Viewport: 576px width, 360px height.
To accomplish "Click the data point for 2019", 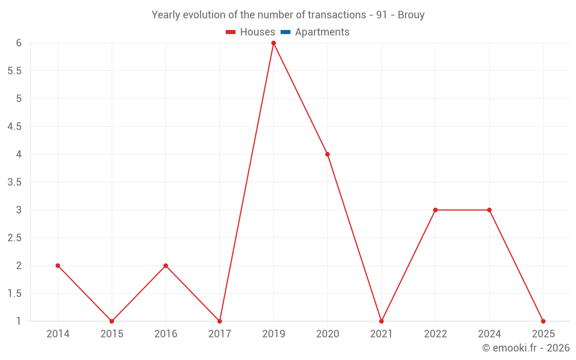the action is tap(273, 43).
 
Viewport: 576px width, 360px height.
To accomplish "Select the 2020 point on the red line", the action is tap(327, 154).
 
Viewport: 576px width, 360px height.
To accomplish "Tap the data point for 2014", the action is tap(58, 266).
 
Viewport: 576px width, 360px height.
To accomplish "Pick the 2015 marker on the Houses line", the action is tap(112, 321).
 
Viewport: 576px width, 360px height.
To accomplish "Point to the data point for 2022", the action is tap(435, 210).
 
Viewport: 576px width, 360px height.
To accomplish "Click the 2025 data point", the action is tap(543, 321).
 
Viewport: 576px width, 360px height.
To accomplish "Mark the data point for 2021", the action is tap(381, 321).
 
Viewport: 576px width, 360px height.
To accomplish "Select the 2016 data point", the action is tap(166, 266).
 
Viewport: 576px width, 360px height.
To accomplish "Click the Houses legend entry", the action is tap(251, 32).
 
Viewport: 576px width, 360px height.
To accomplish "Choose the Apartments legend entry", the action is tap(315, 32).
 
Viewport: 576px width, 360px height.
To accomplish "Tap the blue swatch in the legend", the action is tap(286, 32).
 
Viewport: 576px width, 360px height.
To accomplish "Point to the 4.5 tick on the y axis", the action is tap(14, 126).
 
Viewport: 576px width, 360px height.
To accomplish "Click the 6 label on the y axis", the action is tap(19, 43).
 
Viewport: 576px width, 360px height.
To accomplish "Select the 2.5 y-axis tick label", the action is tap(14, 238).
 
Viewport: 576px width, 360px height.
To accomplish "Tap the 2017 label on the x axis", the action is tap(219, 334).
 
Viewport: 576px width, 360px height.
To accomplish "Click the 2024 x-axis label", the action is tap(489, 334).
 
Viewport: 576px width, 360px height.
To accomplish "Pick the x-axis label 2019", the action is tap(273, 334).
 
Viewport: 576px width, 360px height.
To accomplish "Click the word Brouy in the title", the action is tap(411, 15).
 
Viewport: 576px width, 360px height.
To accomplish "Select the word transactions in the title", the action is tap(337, 15).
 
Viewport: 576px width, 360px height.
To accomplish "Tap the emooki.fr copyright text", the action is tap(526, 347).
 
